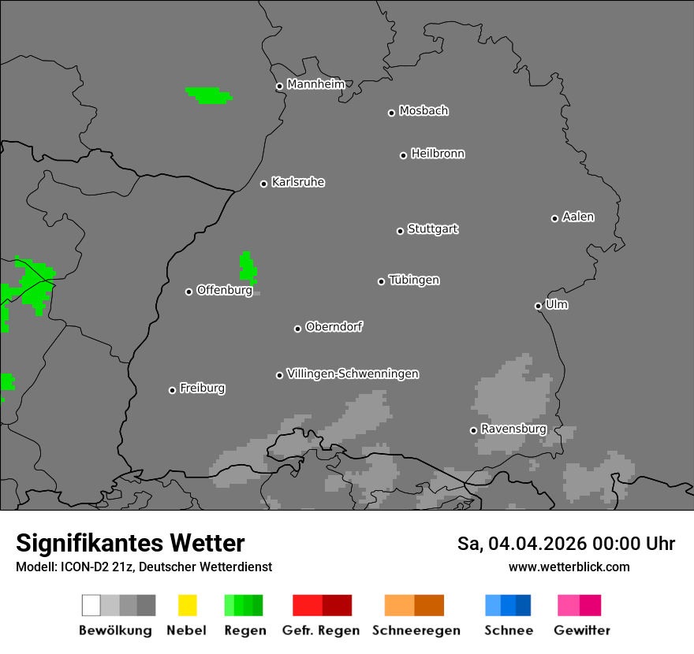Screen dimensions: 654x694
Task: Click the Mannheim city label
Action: point(315,84)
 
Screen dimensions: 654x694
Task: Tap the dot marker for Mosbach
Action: point(391,113)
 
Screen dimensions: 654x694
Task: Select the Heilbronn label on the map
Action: point(438,154)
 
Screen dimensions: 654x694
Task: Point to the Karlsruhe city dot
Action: point(264,184)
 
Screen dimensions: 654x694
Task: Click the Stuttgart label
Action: point(432,229)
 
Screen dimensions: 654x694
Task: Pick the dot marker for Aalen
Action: point(554,218)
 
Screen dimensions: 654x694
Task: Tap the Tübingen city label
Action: point(414,281)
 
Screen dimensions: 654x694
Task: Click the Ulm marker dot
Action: point(538,306)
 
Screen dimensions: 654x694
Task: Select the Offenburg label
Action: point(224,290)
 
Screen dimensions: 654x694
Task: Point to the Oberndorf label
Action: point(334,327)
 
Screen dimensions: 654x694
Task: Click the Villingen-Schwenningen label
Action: point(353,373)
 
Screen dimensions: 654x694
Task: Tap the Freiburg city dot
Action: point(172,390)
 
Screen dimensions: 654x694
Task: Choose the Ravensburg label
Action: point(513,429)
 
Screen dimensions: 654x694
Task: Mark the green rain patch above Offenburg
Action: point(247,268)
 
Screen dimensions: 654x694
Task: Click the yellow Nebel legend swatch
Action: point(187,605)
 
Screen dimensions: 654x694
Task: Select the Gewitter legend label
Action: point(581,630)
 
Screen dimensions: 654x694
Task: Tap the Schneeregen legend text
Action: point(416,630)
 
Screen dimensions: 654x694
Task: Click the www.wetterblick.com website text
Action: point(569,567)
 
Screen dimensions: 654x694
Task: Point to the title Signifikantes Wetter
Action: point(130,543)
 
